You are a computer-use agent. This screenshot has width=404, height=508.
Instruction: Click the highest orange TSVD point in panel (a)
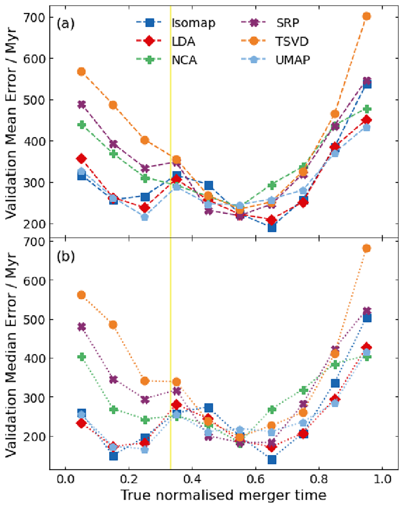367,16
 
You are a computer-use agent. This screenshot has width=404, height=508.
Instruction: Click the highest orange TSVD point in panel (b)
367,248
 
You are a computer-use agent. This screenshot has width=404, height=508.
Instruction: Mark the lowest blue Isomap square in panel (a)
272,227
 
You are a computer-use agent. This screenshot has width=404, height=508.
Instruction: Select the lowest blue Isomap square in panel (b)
272,459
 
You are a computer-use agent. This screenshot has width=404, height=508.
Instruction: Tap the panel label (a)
65,24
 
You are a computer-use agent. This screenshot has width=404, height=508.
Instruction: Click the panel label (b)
66,256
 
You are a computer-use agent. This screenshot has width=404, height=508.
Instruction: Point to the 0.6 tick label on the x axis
256,478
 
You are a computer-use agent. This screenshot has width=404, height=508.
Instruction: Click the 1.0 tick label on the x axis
382,478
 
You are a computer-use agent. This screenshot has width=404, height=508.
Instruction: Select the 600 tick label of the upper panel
34,59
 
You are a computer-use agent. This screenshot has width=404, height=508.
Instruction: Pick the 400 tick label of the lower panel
34,358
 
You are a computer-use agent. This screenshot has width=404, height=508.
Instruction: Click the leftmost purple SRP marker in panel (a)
81,104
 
